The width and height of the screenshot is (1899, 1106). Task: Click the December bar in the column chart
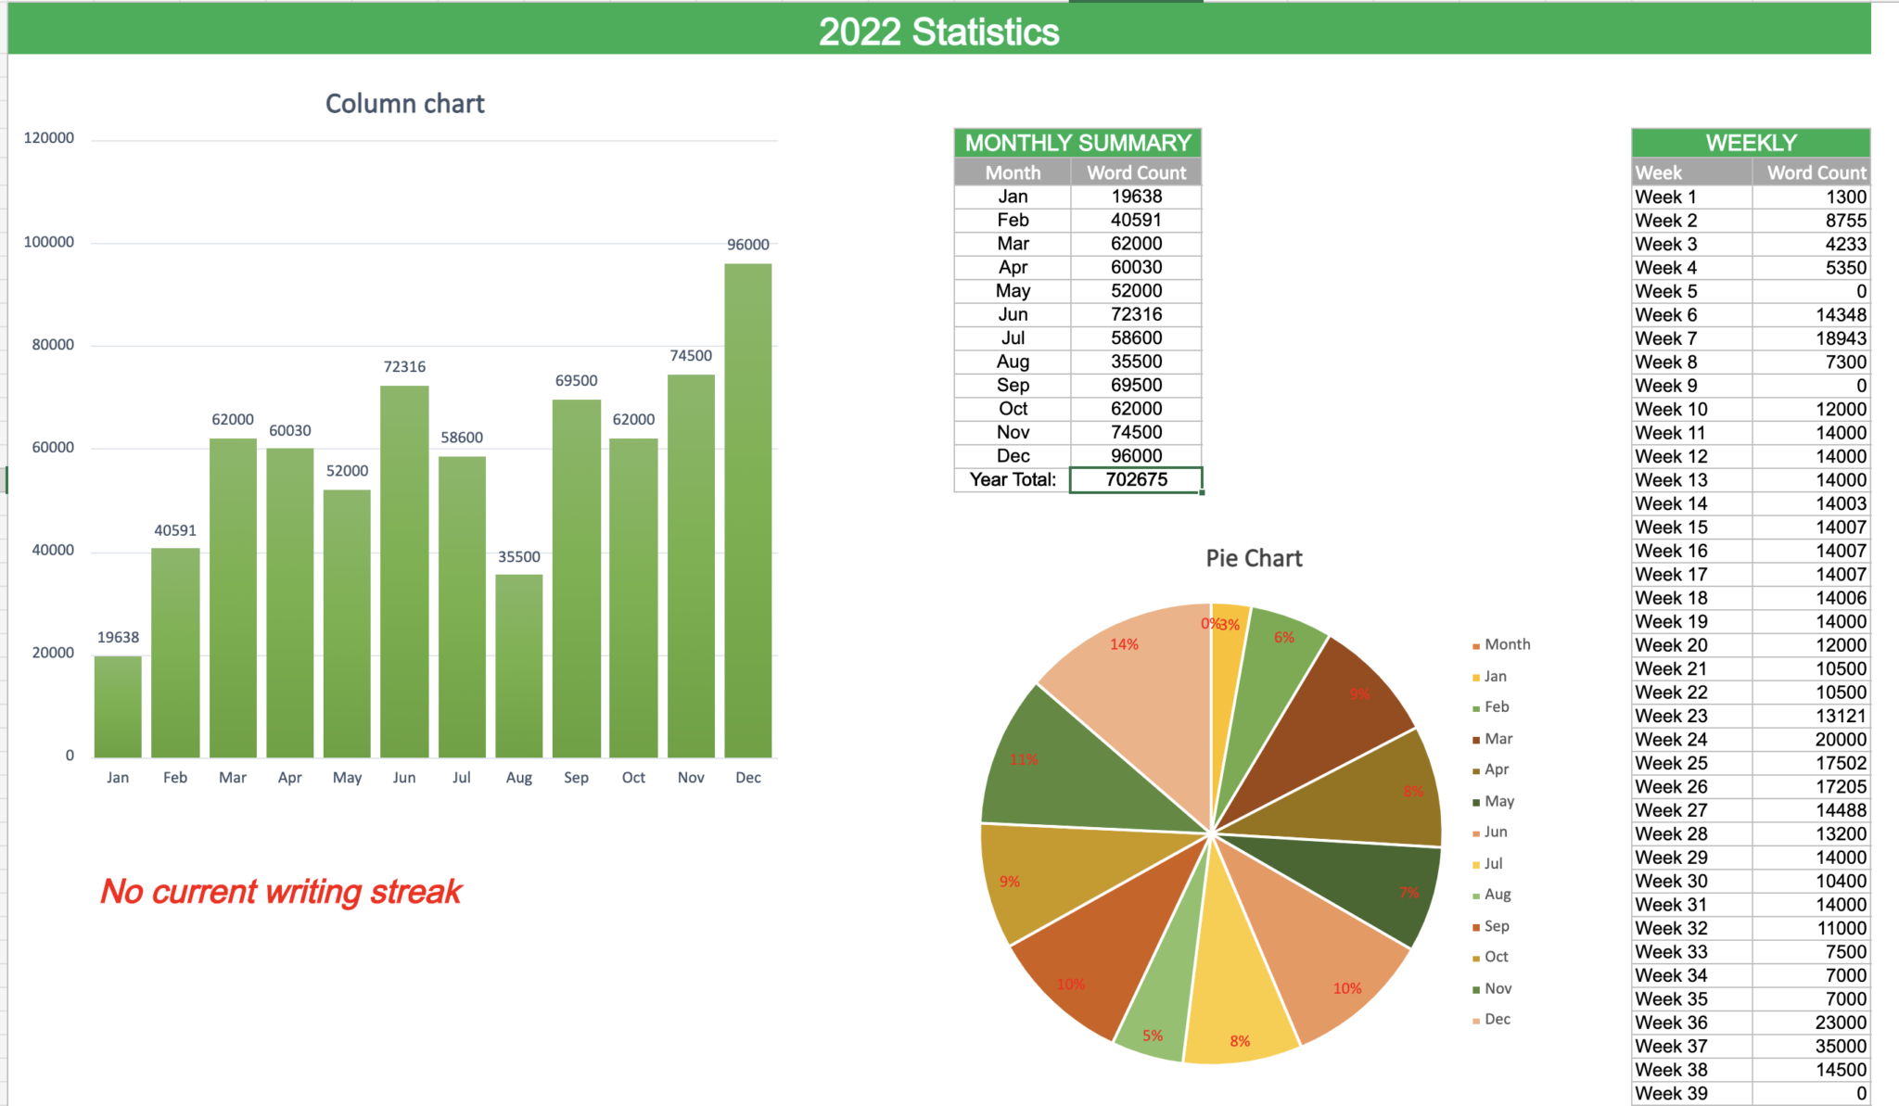747,510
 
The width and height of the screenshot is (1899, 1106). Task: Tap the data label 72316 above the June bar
404,367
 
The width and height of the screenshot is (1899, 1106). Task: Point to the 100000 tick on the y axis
49,242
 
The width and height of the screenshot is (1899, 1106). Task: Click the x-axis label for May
347,778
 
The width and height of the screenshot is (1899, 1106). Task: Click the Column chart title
404,104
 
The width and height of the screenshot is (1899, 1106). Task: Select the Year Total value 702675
1136,479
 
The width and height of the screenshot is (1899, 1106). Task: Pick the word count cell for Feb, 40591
1136,220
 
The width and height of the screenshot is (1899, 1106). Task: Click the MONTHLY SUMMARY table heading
1077,143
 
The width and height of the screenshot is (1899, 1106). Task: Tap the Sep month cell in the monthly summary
1013,385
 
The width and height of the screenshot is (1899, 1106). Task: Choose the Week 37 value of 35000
1840,1046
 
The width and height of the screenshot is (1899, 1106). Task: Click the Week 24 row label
1671,739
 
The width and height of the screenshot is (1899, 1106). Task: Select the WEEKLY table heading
1751,143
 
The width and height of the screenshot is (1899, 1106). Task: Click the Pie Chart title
1254,558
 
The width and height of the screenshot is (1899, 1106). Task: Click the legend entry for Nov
1498,988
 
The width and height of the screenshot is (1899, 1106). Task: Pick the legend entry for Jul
1493,863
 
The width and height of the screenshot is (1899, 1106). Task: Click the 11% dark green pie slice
1048,769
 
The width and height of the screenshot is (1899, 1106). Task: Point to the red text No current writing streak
281,892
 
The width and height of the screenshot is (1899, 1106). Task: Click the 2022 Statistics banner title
938,32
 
